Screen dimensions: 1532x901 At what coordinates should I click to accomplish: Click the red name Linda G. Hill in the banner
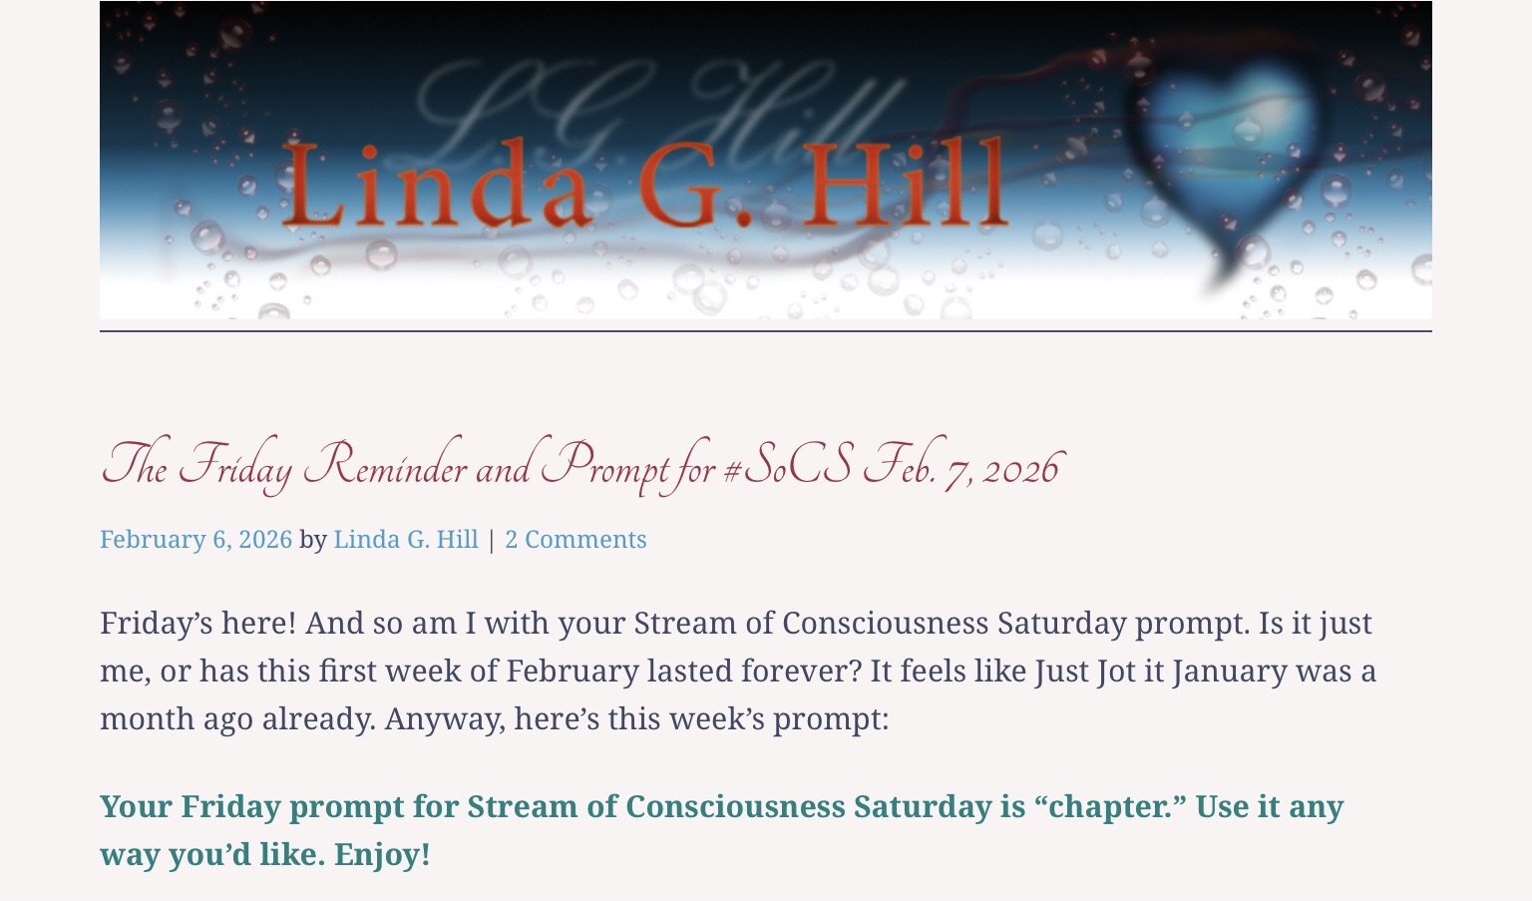644,184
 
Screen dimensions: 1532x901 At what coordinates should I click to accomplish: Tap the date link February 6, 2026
196,540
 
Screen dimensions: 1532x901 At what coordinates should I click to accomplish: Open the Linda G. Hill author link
406,539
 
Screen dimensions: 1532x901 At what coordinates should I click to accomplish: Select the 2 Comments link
575,539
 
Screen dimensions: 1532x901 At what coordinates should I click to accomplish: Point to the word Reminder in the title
386,465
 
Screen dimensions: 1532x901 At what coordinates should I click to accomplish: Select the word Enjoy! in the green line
382,854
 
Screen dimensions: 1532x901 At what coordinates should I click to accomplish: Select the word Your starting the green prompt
136,806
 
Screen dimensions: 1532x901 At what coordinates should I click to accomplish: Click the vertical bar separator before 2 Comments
492,540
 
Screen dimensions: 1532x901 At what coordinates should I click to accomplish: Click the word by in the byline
313,540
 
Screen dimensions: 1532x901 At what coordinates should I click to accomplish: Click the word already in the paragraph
319,719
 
